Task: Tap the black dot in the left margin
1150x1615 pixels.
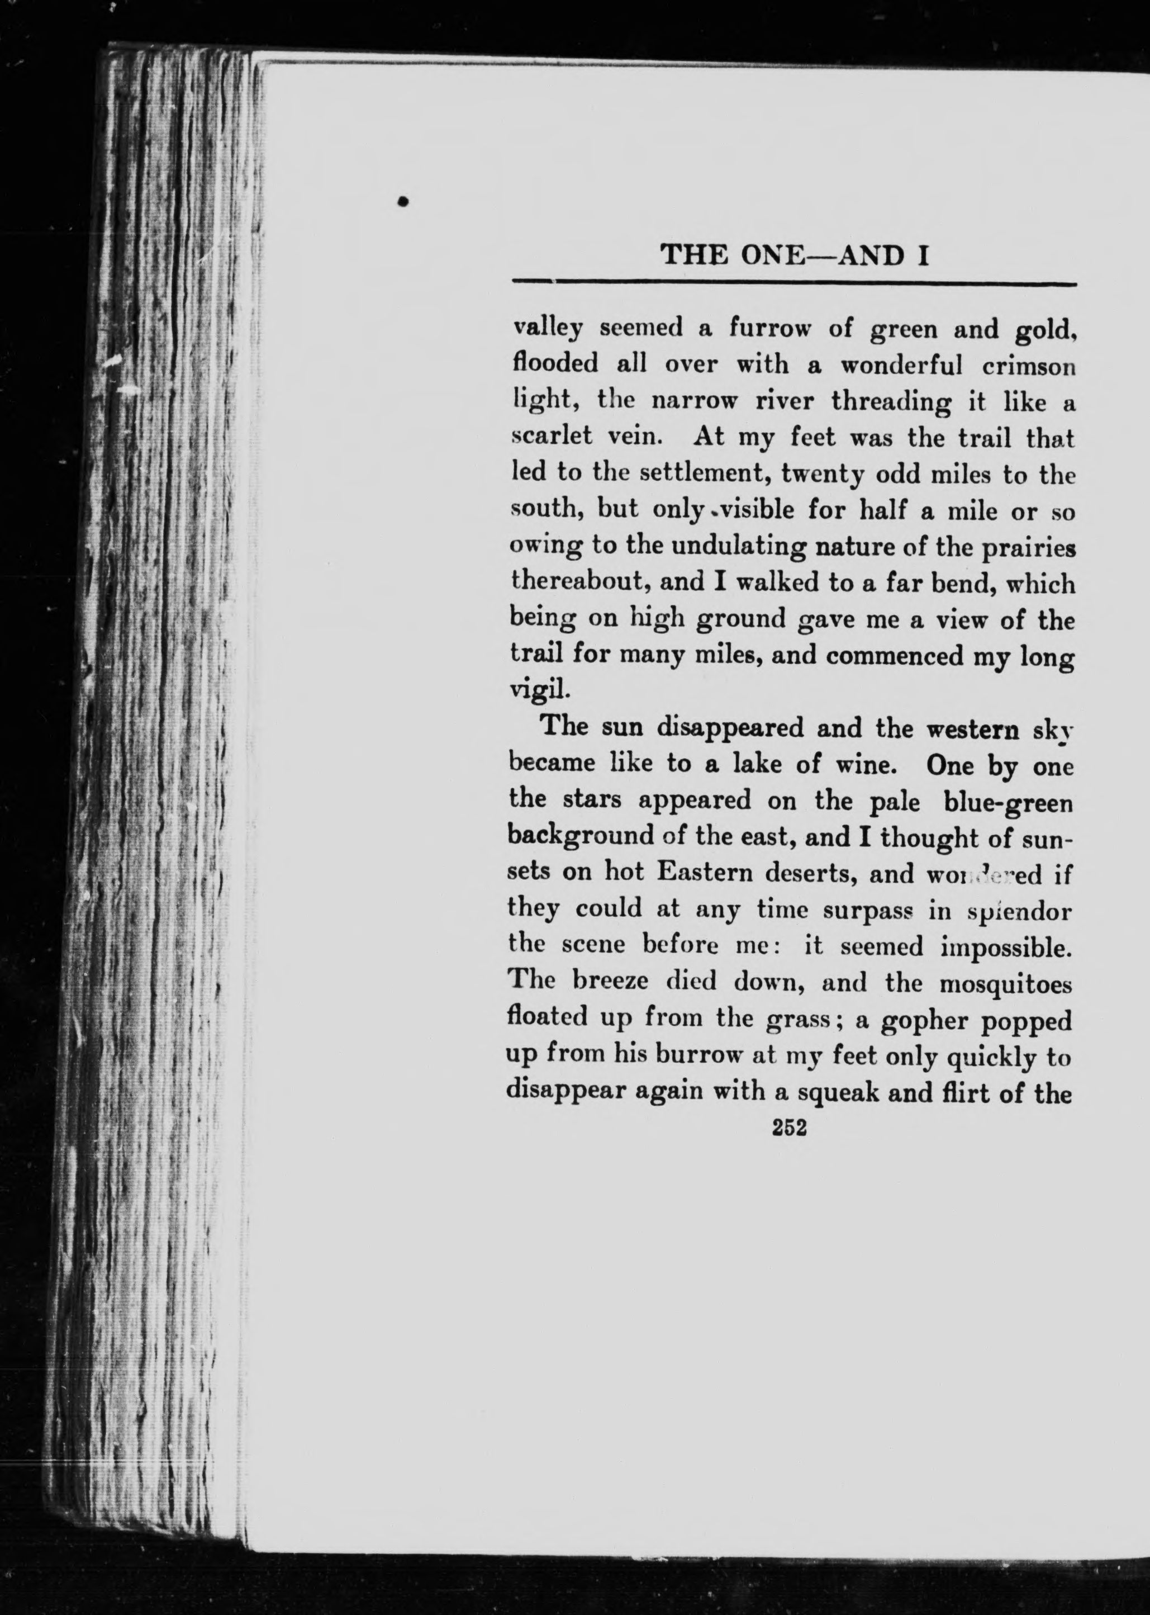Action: (403, 201)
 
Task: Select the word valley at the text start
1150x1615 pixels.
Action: (548, 329)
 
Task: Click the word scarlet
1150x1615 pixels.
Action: (552, 437)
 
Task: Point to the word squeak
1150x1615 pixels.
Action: (834, 1092)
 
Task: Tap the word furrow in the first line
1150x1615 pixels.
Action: (769, 329)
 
